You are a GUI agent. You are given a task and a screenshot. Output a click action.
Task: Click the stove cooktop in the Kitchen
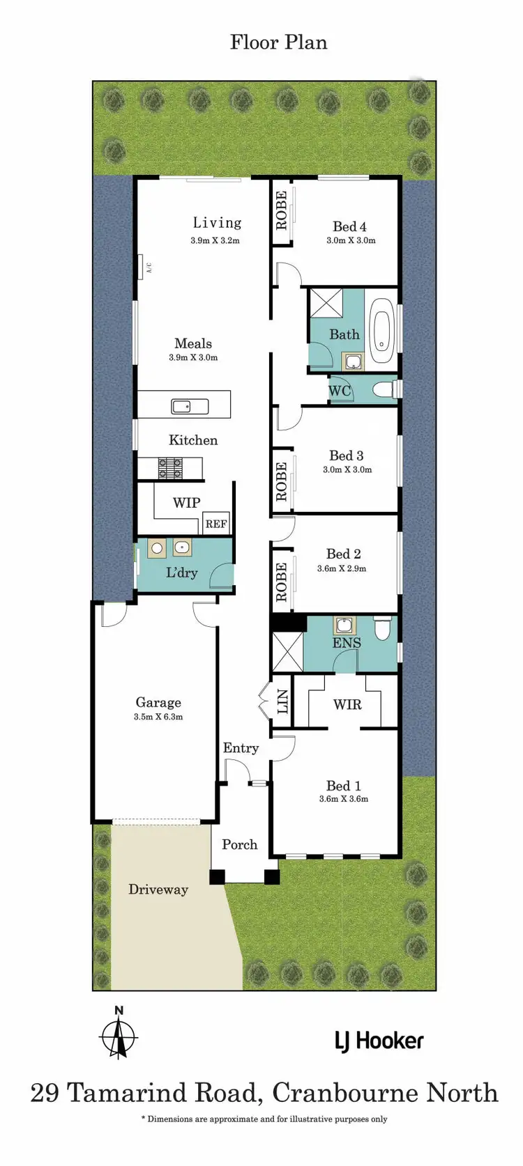pos(170,467)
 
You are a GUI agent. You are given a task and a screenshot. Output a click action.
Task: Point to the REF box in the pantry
pos(215,524)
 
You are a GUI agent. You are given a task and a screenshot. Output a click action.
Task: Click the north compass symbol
pos(119,1035)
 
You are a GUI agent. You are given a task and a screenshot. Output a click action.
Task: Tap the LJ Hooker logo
pos(379,1041)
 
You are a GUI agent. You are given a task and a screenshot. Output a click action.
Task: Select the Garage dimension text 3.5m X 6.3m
pos(158,717)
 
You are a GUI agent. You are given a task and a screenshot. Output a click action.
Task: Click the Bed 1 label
pos(343,786)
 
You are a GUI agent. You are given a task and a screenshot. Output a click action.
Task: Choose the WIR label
pos(347,704)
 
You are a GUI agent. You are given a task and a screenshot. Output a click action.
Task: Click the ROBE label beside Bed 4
pos(281,210)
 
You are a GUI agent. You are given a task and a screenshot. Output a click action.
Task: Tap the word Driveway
pos(158,889)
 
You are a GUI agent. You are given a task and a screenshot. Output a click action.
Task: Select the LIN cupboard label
pos(282,703)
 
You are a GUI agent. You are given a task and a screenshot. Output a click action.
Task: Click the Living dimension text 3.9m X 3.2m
pos(215,241)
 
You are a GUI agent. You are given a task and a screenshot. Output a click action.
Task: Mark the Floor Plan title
pos(278,42)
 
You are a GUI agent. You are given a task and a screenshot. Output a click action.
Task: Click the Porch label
pos(239,844)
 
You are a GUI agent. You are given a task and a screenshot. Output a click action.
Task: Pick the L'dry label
pos(181,573)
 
